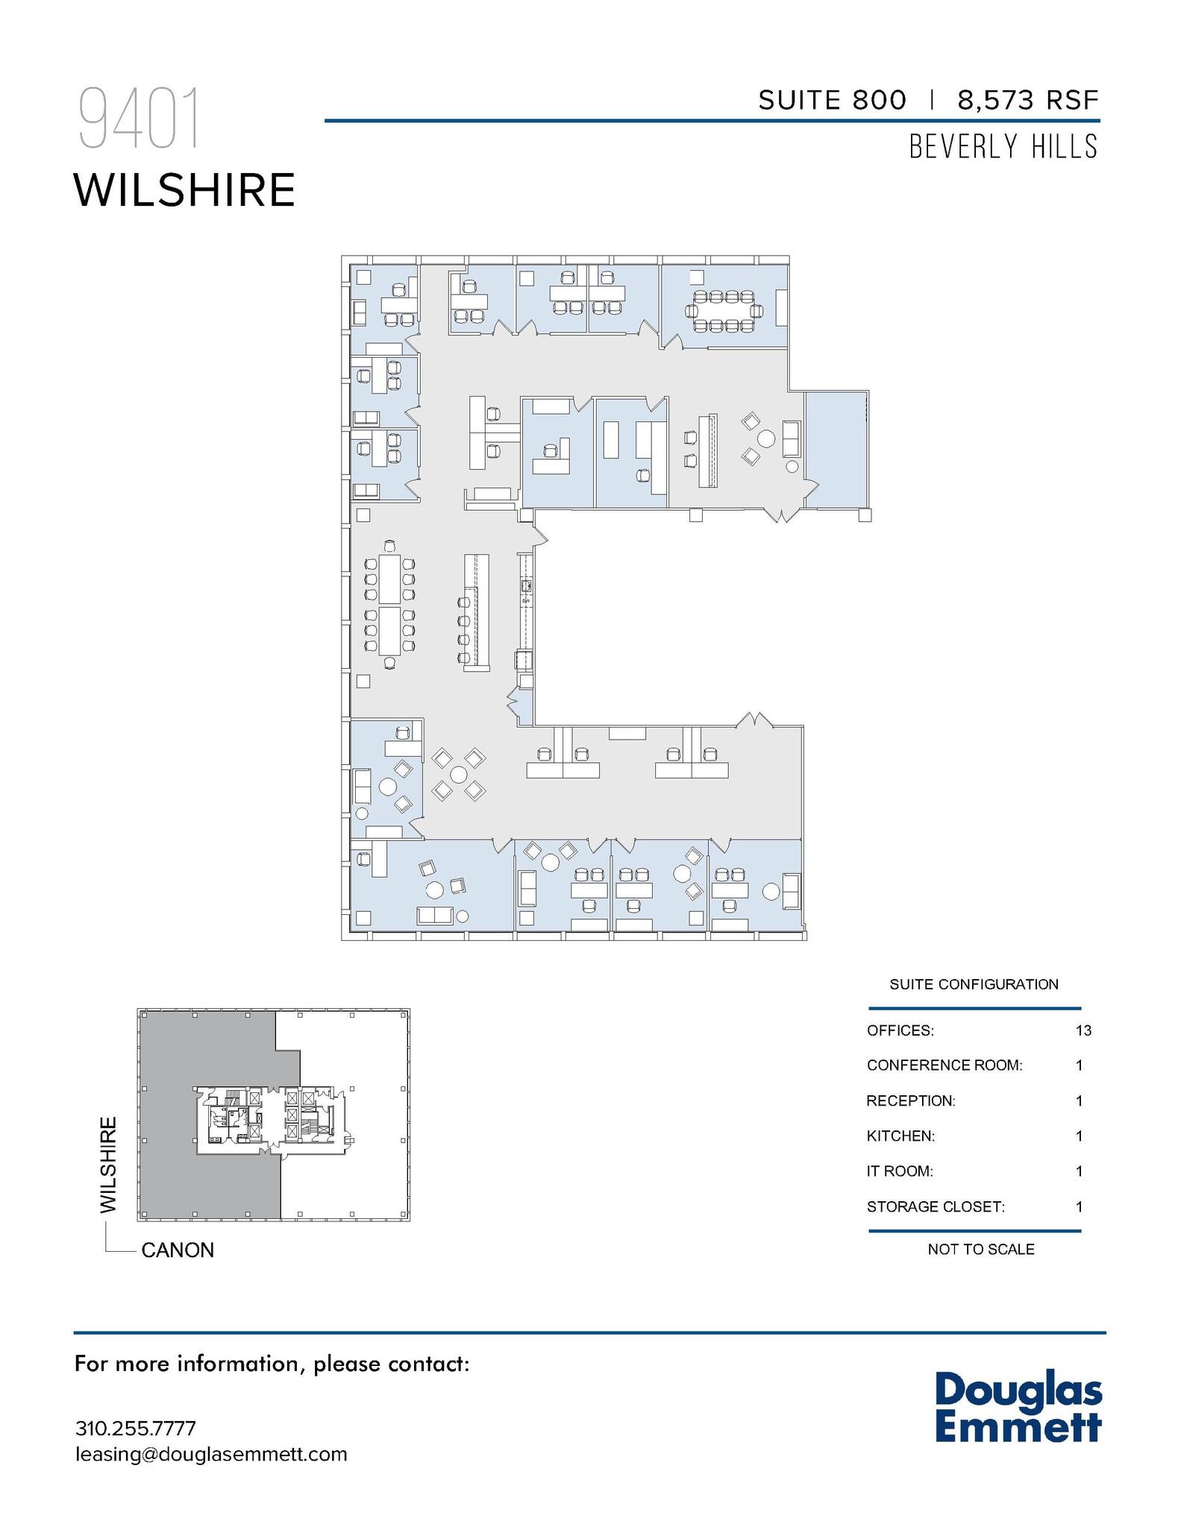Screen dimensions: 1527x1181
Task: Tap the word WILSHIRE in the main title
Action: pyautogui.click(x=184, y=191)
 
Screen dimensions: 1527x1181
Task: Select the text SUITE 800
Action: pyautogui.click(x=832, y=100)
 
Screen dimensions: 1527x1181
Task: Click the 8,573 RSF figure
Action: pyautogui.click(x=1027, y=100)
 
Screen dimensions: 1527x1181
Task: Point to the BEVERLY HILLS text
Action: pyautogui.click(x=1003, y=147)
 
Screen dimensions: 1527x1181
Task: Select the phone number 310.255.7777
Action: pyautogui.click(x=135, y=1429)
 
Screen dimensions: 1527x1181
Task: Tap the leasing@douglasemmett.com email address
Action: pyautogui.click(x=211, y=1455)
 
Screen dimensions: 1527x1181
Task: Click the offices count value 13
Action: pyautogui.click(x=1083, y=1030)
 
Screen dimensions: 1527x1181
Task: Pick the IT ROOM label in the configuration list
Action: pyautogui.click(x=899, y=1171)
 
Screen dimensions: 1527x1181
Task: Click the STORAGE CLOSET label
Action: pyautogui.click(x=935, y=1206)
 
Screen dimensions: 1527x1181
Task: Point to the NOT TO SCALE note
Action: pyautogui.click(x=980, y=1249)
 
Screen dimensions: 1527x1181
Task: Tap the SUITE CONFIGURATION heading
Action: pyautogui.click(x=974, y=984)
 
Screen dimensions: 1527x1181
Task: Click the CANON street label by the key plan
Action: pyautogui.click(x=178, y=1250)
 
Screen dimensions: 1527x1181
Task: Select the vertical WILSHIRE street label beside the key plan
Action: pyautogui.click(x=109, y=1164)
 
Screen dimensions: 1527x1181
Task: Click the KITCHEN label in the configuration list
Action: pyautogui.click(x=900, y=1136)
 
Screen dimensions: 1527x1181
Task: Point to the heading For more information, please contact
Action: pyautogui.click(x=272, y=1364)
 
